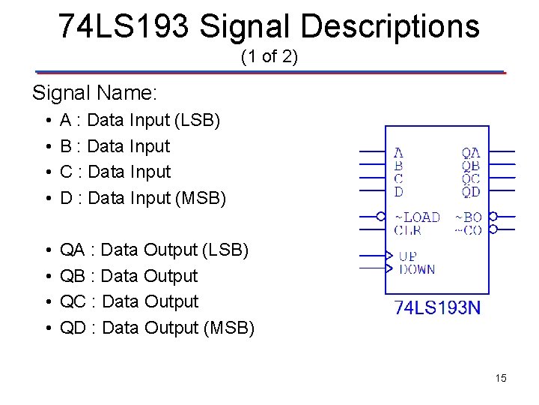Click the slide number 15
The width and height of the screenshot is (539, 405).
501,378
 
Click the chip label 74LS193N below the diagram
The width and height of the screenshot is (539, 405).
437,308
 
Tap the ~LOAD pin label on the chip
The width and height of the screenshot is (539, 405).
417,217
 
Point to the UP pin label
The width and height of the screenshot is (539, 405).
408,256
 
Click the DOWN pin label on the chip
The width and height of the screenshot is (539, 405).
417,269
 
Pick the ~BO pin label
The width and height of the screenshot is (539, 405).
469,217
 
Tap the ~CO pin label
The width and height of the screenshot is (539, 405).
469,230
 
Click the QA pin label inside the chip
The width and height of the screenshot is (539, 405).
471,153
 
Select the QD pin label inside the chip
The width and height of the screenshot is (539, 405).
471,192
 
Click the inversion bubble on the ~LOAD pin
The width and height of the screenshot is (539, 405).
381,217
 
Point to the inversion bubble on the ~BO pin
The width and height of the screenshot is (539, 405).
493,217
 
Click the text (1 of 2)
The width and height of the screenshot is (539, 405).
269,56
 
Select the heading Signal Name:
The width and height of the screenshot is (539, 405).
94,94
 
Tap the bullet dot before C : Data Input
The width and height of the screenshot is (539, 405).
47,172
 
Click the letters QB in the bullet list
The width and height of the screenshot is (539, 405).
72,276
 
